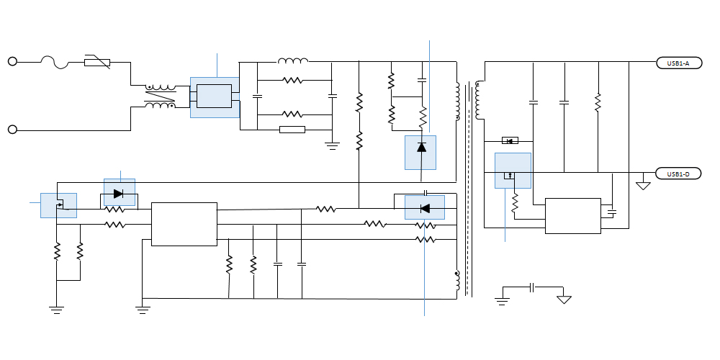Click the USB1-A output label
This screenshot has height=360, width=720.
pos(678,63)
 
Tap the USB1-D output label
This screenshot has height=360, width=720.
pos(678,174)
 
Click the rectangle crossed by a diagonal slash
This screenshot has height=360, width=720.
pos(97,62)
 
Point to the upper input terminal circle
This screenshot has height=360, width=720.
pos(12,62)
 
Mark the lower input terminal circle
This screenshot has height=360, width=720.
pos(12,130)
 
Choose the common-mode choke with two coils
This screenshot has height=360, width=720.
pos(160,97)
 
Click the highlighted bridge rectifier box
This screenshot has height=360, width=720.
pos(215,96)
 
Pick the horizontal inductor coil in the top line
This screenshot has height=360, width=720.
pos(293,60)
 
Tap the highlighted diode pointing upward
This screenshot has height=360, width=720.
pos(421,148)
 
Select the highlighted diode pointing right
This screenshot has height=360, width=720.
pos(119,193)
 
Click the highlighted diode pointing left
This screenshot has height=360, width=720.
pos(424,208)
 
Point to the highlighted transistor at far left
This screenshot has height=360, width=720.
pos(58,204)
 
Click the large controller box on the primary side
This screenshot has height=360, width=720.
pos(184,224)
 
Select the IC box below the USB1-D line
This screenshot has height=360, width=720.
pos(572,215)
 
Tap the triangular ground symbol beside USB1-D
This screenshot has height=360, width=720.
pos(643,185)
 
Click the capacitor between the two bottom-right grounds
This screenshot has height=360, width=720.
pos(532,287)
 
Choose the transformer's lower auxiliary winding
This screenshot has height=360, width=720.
pos(457,283)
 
